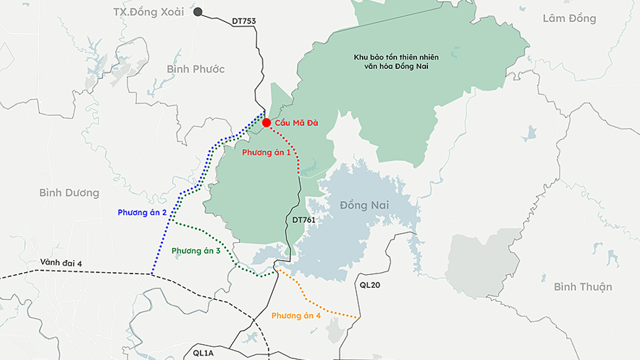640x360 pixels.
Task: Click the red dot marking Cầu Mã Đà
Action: click(x=267, y=123)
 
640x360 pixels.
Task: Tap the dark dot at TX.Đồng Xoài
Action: click(x=199, y=13)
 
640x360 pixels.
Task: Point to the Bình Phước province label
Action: click(x=196, y=68)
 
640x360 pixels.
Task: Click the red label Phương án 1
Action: click(x=267, y=152)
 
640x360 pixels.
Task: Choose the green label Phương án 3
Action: click(x=196, y=251)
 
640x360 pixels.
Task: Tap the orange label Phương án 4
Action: click(x=296, y=316)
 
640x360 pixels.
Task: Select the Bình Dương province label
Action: click(x=69, y=192)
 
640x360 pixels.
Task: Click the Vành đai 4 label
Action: click(x=63, y=263)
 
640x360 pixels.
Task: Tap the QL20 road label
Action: click(x=370, y=285)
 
